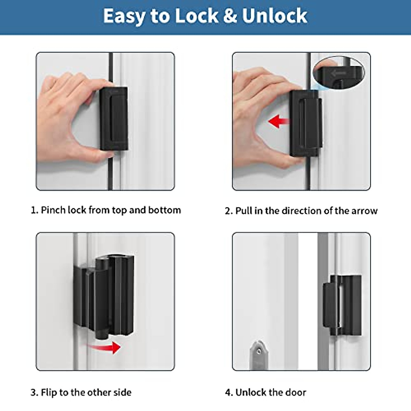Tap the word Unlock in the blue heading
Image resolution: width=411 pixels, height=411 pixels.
(274, 16)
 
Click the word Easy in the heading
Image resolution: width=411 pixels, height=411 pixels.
(124, 16)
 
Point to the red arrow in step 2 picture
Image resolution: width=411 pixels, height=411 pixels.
(278, 121)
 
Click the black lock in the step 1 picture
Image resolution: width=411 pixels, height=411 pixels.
(114, 118)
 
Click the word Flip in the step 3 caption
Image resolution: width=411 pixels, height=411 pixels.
(49, 392)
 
